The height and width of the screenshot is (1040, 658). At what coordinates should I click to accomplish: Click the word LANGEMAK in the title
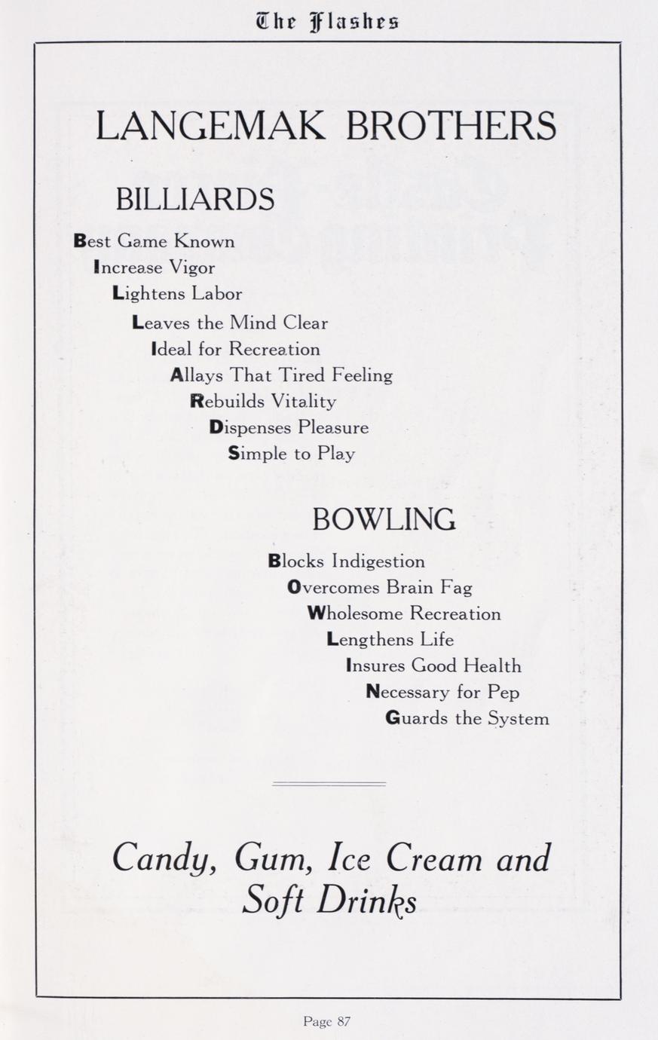[210, 126]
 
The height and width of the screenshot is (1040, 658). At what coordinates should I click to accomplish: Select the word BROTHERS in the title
[451, 126]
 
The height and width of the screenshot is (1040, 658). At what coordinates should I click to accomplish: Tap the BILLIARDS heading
[194, 200]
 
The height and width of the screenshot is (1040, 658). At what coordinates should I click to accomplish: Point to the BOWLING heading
[384, 519]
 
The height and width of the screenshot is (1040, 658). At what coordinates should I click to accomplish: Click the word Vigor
[192, 268]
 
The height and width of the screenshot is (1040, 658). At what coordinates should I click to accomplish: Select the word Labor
[217, 294]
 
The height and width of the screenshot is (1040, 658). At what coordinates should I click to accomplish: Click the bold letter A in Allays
[176, 375]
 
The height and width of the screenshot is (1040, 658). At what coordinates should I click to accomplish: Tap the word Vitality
[304, 402]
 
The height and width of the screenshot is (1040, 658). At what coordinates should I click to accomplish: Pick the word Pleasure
[333, 428]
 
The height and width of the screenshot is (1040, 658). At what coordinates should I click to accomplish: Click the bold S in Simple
[234, 454]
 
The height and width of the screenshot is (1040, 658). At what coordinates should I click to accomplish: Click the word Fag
[457, 588]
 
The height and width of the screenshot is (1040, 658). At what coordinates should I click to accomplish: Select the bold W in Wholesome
[315, 614]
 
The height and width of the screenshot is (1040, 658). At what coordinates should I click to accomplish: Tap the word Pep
[503, 693]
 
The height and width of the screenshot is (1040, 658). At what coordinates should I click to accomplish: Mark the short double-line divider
[329, 785]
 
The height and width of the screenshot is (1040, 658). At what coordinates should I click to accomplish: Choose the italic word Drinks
[366, 901]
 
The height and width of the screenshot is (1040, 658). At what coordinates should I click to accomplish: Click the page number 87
[343, 1022]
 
